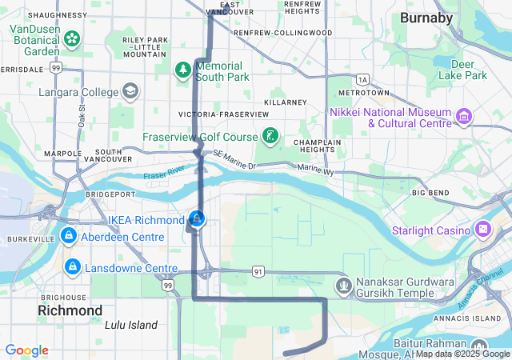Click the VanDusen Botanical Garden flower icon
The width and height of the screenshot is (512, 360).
[x=72, y=38]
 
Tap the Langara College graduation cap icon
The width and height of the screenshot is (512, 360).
[x=129, y=91]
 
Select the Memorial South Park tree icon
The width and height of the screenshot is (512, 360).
[x=183, y=70]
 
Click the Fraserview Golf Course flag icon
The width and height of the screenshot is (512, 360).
[x=271, y=137]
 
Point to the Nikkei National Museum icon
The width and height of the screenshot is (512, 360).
[x=462, y=118]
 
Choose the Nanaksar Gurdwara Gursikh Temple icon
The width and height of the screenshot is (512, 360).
[x=344, y=286]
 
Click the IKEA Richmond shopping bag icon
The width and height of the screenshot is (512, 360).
[x=197, y=218]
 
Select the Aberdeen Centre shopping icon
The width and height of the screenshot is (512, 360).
[x=70, y=237]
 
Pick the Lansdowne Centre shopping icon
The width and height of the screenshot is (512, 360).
[x=72, y=266]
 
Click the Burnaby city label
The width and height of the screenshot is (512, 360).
[x=426, y=17]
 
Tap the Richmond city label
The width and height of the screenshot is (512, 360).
[x=70, y=310]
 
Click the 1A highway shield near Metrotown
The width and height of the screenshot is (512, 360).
[x=362, y=79]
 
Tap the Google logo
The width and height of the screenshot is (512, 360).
[x=26, y=350]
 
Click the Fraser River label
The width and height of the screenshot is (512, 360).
[x=164, y=172]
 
